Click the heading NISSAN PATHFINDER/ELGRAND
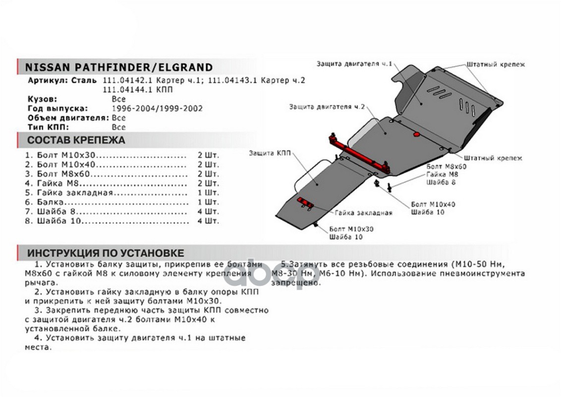click(x=118, y=67)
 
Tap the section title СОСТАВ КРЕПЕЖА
click(x=76, y=140)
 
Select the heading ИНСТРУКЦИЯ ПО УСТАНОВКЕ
click(x=106, y=253)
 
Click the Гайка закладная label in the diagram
click(x=363, y=213)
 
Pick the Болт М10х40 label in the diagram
click(x=433, y=204)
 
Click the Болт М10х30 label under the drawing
click(x=351, y=229)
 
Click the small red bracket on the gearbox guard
click(x=304, y=202)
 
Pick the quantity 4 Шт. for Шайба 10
click(x=208, y=221)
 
